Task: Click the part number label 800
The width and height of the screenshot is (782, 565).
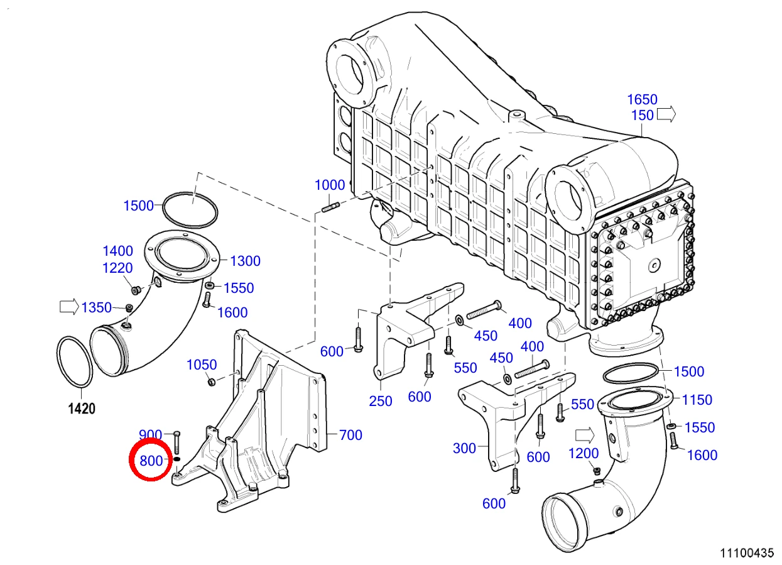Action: (151, 461)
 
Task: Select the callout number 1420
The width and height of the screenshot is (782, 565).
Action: (82, 408)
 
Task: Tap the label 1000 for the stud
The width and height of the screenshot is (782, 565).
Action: (330, 185)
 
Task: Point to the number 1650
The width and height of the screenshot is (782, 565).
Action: (642, 99)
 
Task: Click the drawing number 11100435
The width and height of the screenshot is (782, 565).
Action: (747, 553)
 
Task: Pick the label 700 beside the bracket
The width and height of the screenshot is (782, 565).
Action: (350, 435)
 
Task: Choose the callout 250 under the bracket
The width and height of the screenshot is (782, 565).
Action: (381, 401)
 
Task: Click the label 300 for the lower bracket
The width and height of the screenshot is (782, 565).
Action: (464, 448)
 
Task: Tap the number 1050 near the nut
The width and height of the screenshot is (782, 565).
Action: (202, 365)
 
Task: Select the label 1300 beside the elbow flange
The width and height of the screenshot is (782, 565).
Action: (245, 261)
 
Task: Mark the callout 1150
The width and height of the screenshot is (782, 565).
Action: (697, 400)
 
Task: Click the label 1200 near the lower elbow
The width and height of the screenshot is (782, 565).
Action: (584, 454)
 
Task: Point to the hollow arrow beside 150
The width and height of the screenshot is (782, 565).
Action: (666, 114)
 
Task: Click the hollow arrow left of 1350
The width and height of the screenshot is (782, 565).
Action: (69, 307)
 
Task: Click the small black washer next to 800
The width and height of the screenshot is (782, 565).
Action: (176, 459)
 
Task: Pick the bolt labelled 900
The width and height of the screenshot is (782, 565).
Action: (176, 442)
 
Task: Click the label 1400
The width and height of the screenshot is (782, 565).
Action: (117, 251)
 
